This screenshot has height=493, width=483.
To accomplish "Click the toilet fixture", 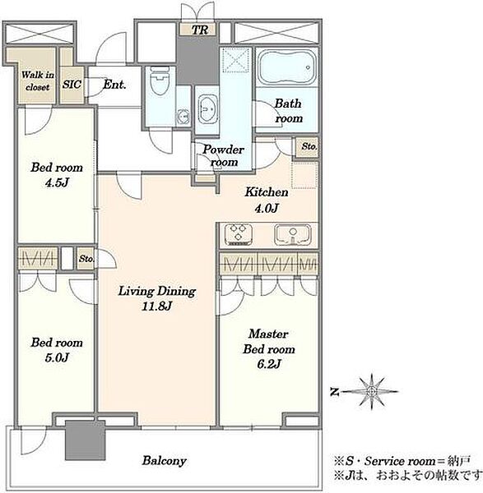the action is click(x=159, y=81).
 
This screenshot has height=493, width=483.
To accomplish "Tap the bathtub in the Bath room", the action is click(x=286, y=67).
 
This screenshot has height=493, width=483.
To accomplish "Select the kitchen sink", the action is click(x=293, y=234).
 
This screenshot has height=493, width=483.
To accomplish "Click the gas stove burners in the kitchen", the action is click(x=239, y=234).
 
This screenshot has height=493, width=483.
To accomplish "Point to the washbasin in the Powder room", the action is click(x=207, y=108).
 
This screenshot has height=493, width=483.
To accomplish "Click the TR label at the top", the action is click(x=200, y=30).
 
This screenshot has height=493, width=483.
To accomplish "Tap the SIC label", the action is click(x=72, y=85).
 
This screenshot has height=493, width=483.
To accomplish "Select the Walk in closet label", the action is click(x=38, y=81).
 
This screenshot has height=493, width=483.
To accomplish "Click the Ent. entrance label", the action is click(x=114, y=85).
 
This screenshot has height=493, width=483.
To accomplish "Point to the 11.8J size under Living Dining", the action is click(x=156, y=306).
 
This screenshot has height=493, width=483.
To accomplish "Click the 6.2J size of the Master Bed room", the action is click(x=268, y=364).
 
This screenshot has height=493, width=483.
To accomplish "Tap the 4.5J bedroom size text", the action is click(x=57, y=182).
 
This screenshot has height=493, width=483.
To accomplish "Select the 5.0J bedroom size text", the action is click(x=57, y=357).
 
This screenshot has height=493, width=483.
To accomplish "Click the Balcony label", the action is click(x=164, y=461).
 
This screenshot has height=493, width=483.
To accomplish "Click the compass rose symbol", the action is click(x=372, y=391).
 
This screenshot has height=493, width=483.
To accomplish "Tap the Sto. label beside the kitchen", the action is click(x=309, y=146).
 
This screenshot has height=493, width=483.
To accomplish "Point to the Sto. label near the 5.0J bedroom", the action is click(x=86, y=259).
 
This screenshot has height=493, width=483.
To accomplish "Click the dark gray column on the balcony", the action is click(x=85, y=440).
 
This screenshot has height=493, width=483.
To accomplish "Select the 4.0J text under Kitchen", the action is click(x=267, y=208).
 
